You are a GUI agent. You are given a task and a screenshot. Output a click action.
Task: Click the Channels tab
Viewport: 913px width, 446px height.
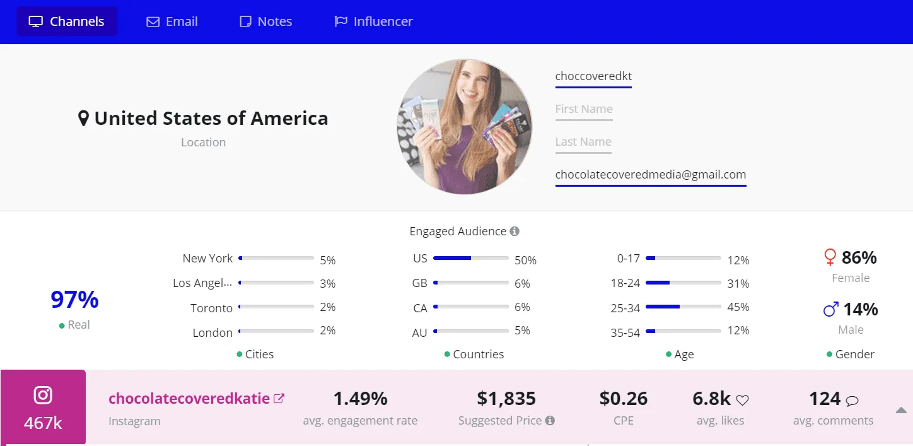[x=67, y=21]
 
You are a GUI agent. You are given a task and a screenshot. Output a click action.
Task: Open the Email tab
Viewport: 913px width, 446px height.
[x=172, y=21]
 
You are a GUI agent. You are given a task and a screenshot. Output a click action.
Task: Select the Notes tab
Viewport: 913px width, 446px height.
[x=265, y=21]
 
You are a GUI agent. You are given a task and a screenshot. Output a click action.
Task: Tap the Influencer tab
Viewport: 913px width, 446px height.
[x=373, y=21]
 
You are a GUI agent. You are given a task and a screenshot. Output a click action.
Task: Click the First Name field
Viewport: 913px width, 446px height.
[x=583, y=109]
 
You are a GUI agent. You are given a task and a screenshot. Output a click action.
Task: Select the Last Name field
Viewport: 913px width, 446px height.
[x=583, y=142]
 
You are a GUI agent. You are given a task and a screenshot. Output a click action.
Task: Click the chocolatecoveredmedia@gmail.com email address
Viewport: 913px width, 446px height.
[x=650, y=175]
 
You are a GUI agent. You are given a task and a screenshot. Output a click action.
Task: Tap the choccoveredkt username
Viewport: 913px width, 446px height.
[x=593, y=76]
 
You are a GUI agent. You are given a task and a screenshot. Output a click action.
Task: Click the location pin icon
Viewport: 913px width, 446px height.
[x=83, y=118]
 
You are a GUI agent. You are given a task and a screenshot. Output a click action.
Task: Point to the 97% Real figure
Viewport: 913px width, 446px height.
[x=74, y=300]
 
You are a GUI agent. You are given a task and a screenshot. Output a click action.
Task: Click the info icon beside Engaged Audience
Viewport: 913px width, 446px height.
[x=515, y=232]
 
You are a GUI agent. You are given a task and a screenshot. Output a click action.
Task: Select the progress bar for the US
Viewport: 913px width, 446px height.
[x=470, y=258]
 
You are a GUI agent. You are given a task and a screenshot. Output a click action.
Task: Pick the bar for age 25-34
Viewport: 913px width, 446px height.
[x=683, y=307]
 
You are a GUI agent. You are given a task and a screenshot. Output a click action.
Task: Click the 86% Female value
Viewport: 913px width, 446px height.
[x=859, y=257]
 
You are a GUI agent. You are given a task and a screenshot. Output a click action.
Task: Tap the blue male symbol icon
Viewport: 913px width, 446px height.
[x=831, y=309]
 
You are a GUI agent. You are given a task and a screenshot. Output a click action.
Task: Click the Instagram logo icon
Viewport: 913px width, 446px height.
[x=43, y=396]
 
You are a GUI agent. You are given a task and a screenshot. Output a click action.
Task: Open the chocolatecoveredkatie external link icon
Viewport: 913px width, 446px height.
[x=279, y=399]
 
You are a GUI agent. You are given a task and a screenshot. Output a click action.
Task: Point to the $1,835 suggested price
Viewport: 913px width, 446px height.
[x=506, y=399]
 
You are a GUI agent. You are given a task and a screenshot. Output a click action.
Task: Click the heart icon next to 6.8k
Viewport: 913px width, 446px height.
[x=743, y=400]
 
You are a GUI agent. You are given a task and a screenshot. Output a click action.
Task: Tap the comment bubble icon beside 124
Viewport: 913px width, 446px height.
[x=852, y=400]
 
